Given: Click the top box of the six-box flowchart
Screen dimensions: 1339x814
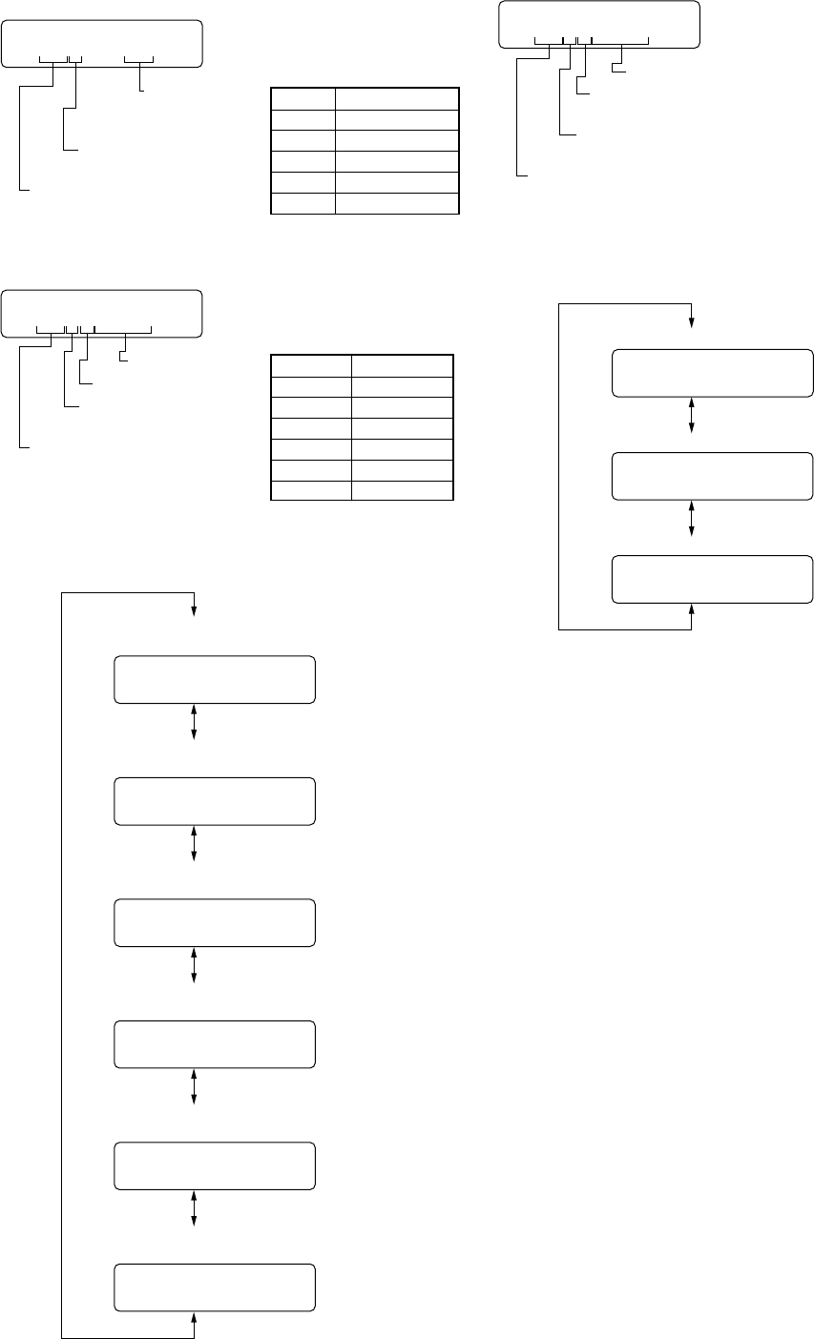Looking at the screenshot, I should tap(214, 679).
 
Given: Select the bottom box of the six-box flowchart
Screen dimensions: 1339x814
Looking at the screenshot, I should tap(214, 1287).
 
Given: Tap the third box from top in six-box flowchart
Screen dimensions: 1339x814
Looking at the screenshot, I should tap(214, 922).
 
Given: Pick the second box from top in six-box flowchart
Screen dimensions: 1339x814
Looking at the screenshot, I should tap(214, 800).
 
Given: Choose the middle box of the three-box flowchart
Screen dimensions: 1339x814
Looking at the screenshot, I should tap(712, 476).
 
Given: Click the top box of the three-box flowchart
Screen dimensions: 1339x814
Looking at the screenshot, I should tap(712, 373).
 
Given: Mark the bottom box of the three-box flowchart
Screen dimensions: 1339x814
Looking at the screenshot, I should tap(712, 578).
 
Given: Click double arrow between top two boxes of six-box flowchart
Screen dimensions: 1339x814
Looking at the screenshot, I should tap(195, 722).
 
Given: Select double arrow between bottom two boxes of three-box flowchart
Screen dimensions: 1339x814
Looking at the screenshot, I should tap(691, 519).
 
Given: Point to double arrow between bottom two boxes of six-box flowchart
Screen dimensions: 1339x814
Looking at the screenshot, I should tap(195, 1207).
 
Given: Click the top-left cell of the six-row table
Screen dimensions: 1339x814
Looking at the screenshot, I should tap(303, 98).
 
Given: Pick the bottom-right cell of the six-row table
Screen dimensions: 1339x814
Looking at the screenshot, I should tap(397, 203).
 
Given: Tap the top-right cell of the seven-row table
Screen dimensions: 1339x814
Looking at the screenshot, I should tap(402, 365).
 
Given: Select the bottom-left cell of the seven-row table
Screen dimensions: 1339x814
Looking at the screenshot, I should tap(311, 490).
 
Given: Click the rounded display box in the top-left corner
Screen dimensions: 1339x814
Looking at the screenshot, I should tap(101, 43).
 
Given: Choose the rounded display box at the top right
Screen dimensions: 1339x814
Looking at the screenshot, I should tap(599, 24).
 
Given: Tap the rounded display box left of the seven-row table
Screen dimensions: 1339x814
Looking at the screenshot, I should tap(101, 313).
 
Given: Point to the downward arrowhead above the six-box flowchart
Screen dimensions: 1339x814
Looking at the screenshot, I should tap(195, 611).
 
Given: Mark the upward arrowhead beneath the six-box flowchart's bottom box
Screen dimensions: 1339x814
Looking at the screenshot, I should tap(195, 1318).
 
